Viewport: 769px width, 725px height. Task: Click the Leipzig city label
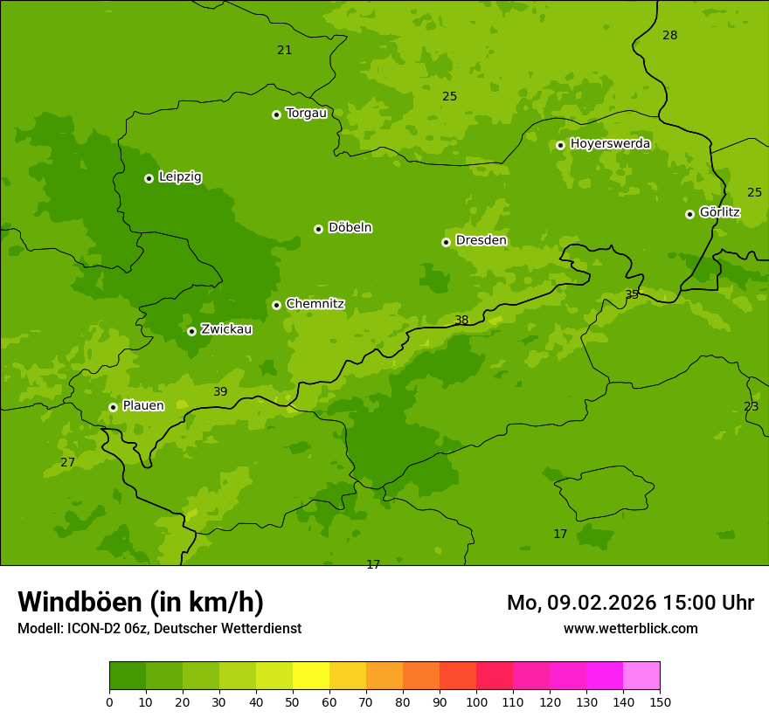180,176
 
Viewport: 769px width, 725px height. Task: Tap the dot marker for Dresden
446,242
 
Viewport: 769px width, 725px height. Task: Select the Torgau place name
306,113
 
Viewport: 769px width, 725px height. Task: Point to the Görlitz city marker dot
689,214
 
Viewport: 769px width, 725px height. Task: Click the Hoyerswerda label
610,143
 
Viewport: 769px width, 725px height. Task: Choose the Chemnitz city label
315,304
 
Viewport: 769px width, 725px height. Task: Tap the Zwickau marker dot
191,331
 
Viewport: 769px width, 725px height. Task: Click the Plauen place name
143,405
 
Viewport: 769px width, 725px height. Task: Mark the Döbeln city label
350,227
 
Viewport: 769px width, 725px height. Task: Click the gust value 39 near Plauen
220,391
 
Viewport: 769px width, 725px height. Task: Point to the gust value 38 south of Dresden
461,320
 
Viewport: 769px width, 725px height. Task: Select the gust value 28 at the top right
669,35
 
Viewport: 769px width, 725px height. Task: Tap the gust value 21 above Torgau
284,50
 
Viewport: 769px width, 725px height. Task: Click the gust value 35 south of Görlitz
632,294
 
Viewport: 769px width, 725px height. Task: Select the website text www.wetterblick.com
630,628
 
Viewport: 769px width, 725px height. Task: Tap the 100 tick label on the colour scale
476,701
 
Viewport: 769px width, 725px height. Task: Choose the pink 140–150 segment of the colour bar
641,676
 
